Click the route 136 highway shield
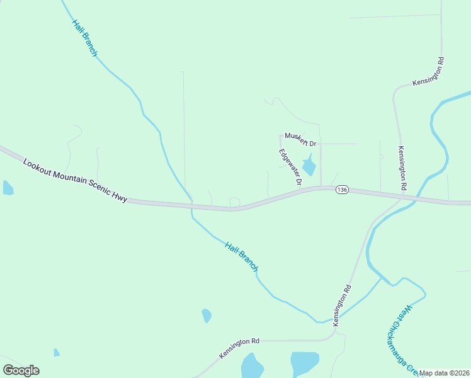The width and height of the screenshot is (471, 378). point(342,190)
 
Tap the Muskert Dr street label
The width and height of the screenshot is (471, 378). point(300,139)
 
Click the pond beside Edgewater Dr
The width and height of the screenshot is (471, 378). point(309,167)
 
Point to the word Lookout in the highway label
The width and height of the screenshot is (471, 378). point(36,167)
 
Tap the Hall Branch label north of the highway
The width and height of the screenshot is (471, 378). point(84,38)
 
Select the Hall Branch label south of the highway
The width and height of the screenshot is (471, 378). point(242,257)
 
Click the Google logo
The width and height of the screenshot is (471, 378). point(21,370)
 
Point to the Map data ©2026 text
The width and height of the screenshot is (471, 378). point(444,373)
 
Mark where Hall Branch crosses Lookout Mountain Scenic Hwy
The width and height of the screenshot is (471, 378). point(191,206)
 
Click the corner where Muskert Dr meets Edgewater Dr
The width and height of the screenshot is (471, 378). point(280,135)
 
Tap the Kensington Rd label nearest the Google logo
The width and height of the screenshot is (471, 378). point(239,348)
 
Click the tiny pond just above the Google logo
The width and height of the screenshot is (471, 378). point(57,353)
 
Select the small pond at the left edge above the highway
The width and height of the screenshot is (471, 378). point(7,188)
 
